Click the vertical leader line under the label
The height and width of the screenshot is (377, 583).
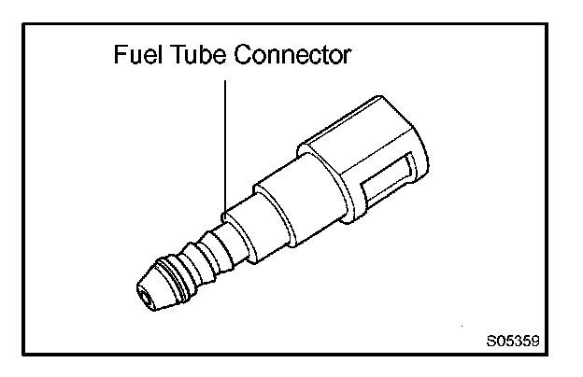pyautogui.click(x=225, y=140)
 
